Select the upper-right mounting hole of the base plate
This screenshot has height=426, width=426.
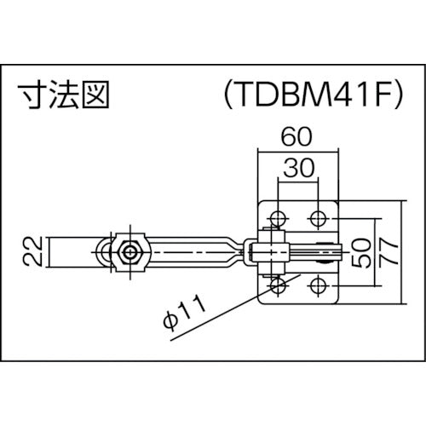coord(318,217)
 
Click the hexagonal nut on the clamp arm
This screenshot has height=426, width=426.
coord(130,252)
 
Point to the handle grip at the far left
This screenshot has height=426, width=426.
coord(68,252)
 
